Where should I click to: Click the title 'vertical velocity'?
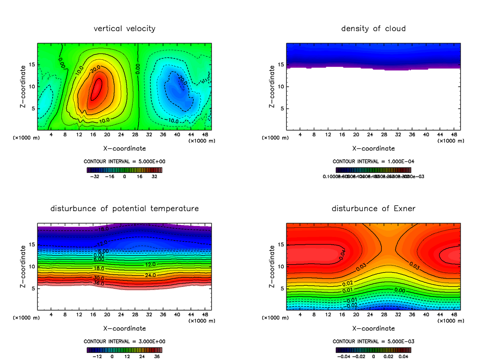pos(124,29)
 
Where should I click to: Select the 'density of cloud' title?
pos(373,29)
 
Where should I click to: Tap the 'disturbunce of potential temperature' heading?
pos(124,208)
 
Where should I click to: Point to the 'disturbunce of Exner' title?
pos(373,208)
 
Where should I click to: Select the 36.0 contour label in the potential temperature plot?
pos(98,283)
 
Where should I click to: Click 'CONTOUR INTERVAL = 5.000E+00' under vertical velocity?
pos(124,161)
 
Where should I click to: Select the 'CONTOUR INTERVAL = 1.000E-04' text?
pos(373,161)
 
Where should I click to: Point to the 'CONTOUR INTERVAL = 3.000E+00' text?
pos(124,341)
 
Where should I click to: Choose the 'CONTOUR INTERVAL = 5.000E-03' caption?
pos(373,341)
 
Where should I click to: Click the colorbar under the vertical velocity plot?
pos(124,170)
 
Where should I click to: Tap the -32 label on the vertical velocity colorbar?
pos(96,176)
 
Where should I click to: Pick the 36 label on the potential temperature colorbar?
pos(156,356)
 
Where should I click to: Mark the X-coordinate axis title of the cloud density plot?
pos(373,148)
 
